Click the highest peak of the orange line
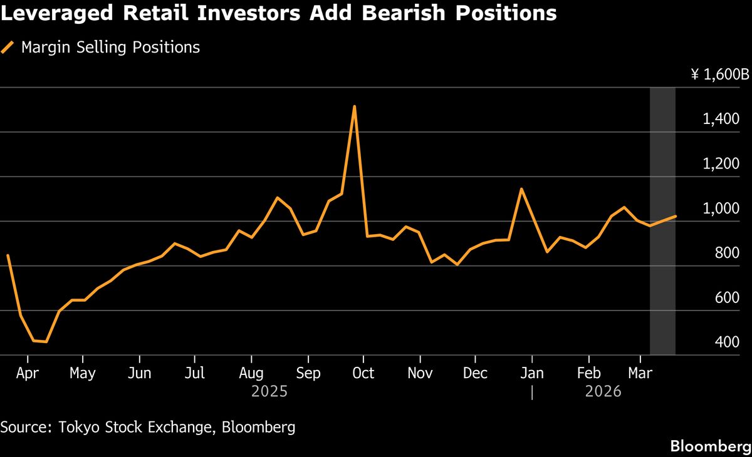point(355,106)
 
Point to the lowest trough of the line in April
point(46,342)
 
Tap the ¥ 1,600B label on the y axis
point(719,75)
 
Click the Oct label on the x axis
point(363,374)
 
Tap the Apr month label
point(28,374)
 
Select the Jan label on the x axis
point(532,374)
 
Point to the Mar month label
point(640,374)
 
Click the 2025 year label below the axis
point(269,392)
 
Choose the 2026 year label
point(603,392)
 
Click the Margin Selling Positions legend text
point(110,48)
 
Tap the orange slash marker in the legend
point(8,48)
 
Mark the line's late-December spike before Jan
point(521,188)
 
